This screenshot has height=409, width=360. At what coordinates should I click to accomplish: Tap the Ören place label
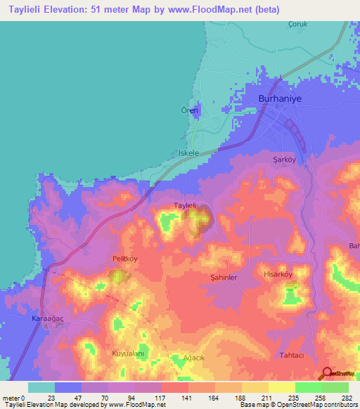191,111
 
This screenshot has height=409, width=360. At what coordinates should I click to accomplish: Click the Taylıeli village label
188,205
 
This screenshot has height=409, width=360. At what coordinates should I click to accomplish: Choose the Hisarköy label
277,274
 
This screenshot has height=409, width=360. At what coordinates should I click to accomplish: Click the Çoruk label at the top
300,23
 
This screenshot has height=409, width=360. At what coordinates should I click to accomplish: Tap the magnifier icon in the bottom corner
327,374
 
